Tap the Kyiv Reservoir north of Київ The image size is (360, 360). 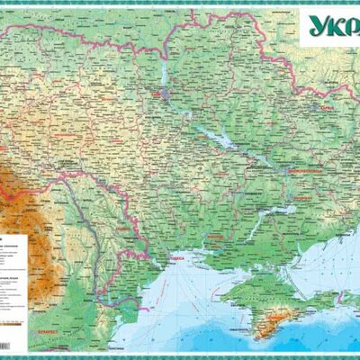[x=167, y=72]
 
